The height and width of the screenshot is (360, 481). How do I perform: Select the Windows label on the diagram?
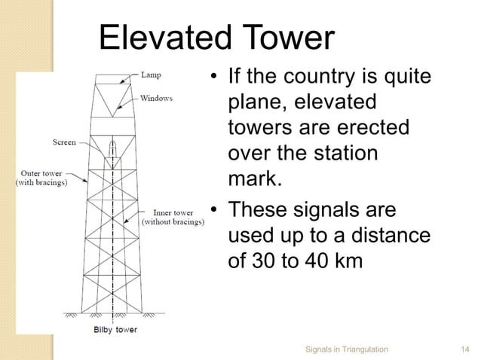point(156,99)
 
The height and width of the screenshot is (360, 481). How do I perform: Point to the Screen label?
point(64,142)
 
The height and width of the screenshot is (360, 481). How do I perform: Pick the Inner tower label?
point(173,212)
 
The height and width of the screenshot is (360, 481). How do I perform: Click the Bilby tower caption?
point(115,330)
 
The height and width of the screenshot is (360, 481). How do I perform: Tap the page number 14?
point(465,349)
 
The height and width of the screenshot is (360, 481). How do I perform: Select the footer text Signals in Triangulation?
point(347,349)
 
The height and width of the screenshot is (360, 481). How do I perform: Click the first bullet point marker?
point(214,78)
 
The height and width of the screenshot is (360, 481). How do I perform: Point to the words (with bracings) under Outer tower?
point(41,183)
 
